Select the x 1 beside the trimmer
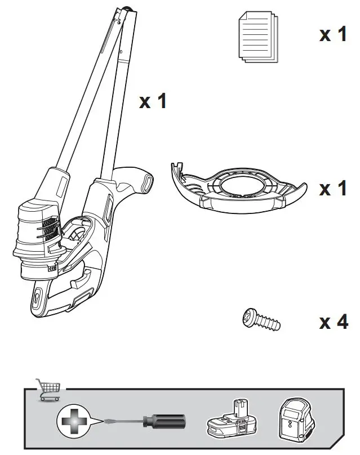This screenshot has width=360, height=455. click(153, 101)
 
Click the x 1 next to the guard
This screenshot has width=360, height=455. click(333, 188)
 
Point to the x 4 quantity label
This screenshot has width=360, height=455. click(333, 322)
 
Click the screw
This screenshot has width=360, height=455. click(260, 320)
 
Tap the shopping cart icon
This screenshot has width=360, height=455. click(48, 389)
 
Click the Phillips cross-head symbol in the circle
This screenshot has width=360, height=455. click(73, 422)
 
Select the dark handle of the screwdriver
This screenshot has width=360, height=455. click(166, 421)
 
